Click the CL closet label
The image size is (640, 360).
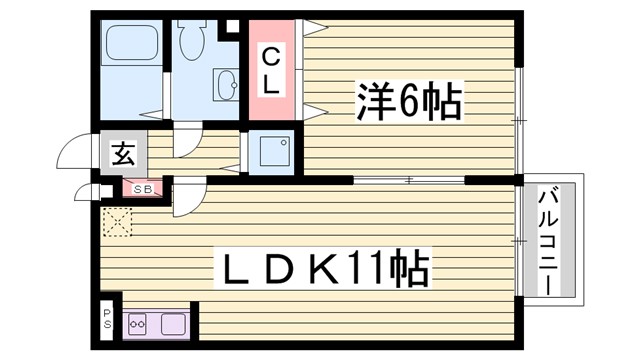pos(271,71)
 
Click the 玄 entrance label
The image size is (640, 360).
pos(122,155)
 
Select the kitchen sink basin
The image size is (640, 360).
pos(173,324)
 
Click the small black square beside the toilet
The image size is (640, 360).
pos(225,25)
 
